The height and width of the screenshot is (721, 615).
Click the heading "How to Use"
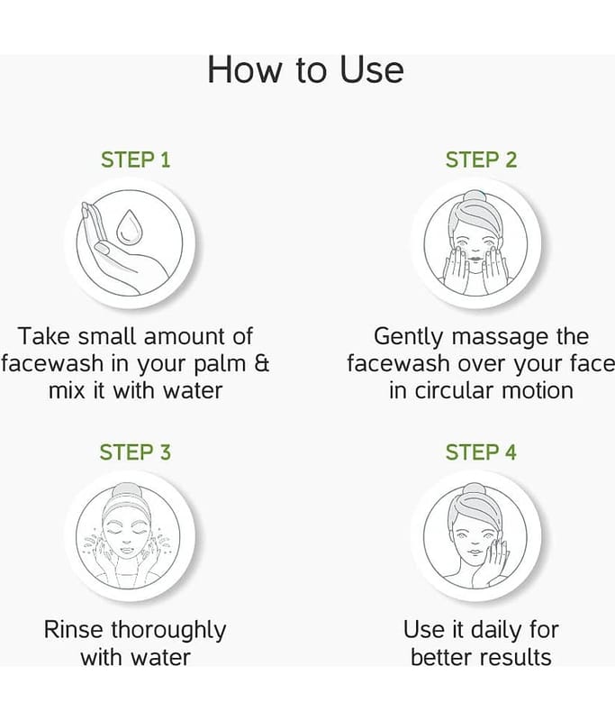point(306,70)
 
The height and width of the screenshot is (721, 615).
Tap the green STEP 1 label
point(135,160)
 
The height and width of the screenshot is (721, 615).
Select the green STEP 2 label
point(481,160)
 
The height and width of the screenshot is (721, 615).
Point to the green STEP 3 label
point(135,452)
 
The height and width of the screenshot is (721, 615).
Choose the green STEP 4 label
point(481,452)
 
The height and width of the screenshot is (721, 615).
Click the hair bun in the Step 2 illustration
point(476,196)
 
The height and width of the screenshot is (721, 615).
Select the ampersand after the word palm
point(261,363)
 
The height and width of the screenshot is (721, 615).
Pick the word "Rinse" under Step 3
point(74,629)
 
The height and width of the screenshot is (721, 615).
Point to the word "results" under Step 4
point(516,657)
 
